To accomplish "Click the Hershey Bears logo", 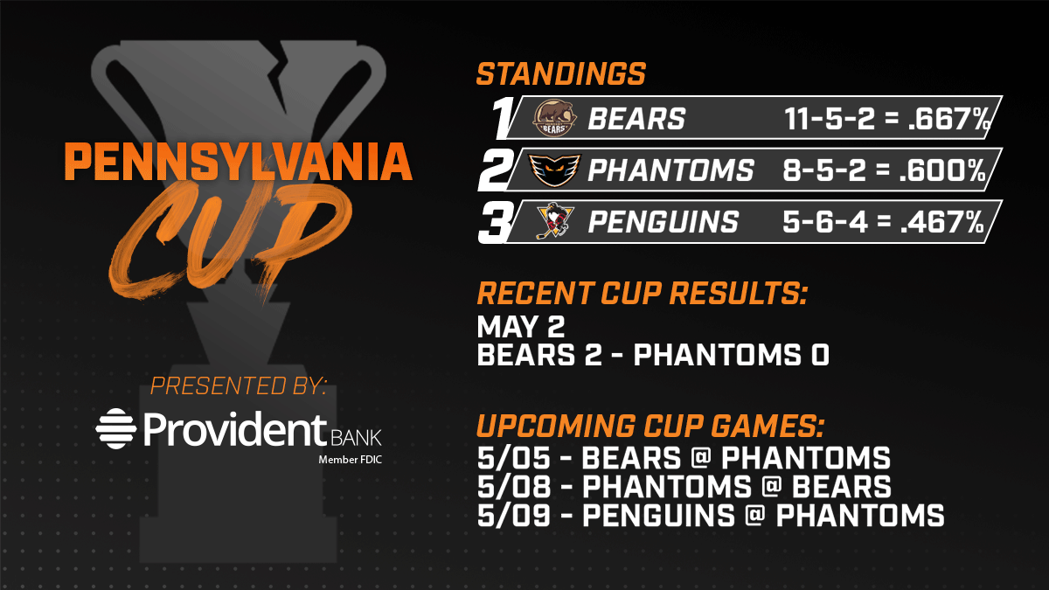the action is coord(554,118).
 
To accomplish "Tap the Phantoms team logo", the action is coord(554,170).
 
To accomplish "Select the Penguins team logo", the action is coord(554,221).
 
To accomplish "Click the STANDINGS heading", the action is coord(561,74).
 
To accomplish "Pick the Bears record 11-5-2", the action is coord(830,119).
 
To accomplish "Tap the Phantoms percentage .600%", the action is coord(942,170).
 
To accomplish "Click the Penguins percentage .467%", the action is coord(942,222).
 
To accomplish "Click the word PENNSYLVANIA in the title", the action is coord(239,162).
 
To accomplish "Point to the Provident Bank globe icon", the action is coord(115,428).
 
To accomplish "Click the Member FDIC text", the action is coord(351,460).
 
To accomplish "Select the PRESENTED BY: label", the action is coord(239,385).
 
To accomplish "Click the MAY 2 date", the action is coord(521,326).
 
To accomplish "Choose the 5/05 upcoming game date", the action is coord(514,457).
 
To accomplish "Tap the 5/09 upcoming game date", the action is coord(514,515).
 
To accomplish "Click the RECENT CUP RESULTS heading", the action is coord(643,294).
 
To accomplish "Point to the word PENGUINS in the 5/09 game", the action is coord(658,515).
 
